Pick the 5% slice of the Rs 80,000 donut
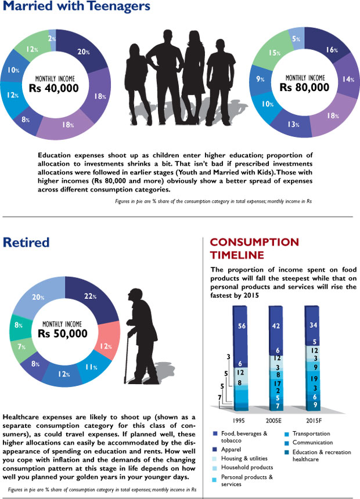(x=295, y=39)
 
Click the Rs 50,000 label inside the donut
(x=64, y=334)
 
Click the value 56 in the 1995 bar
(x=243, y=326)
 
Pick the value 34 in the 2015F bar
(x=314, y=325)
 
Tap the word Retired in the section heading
(x=26, y=242)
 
